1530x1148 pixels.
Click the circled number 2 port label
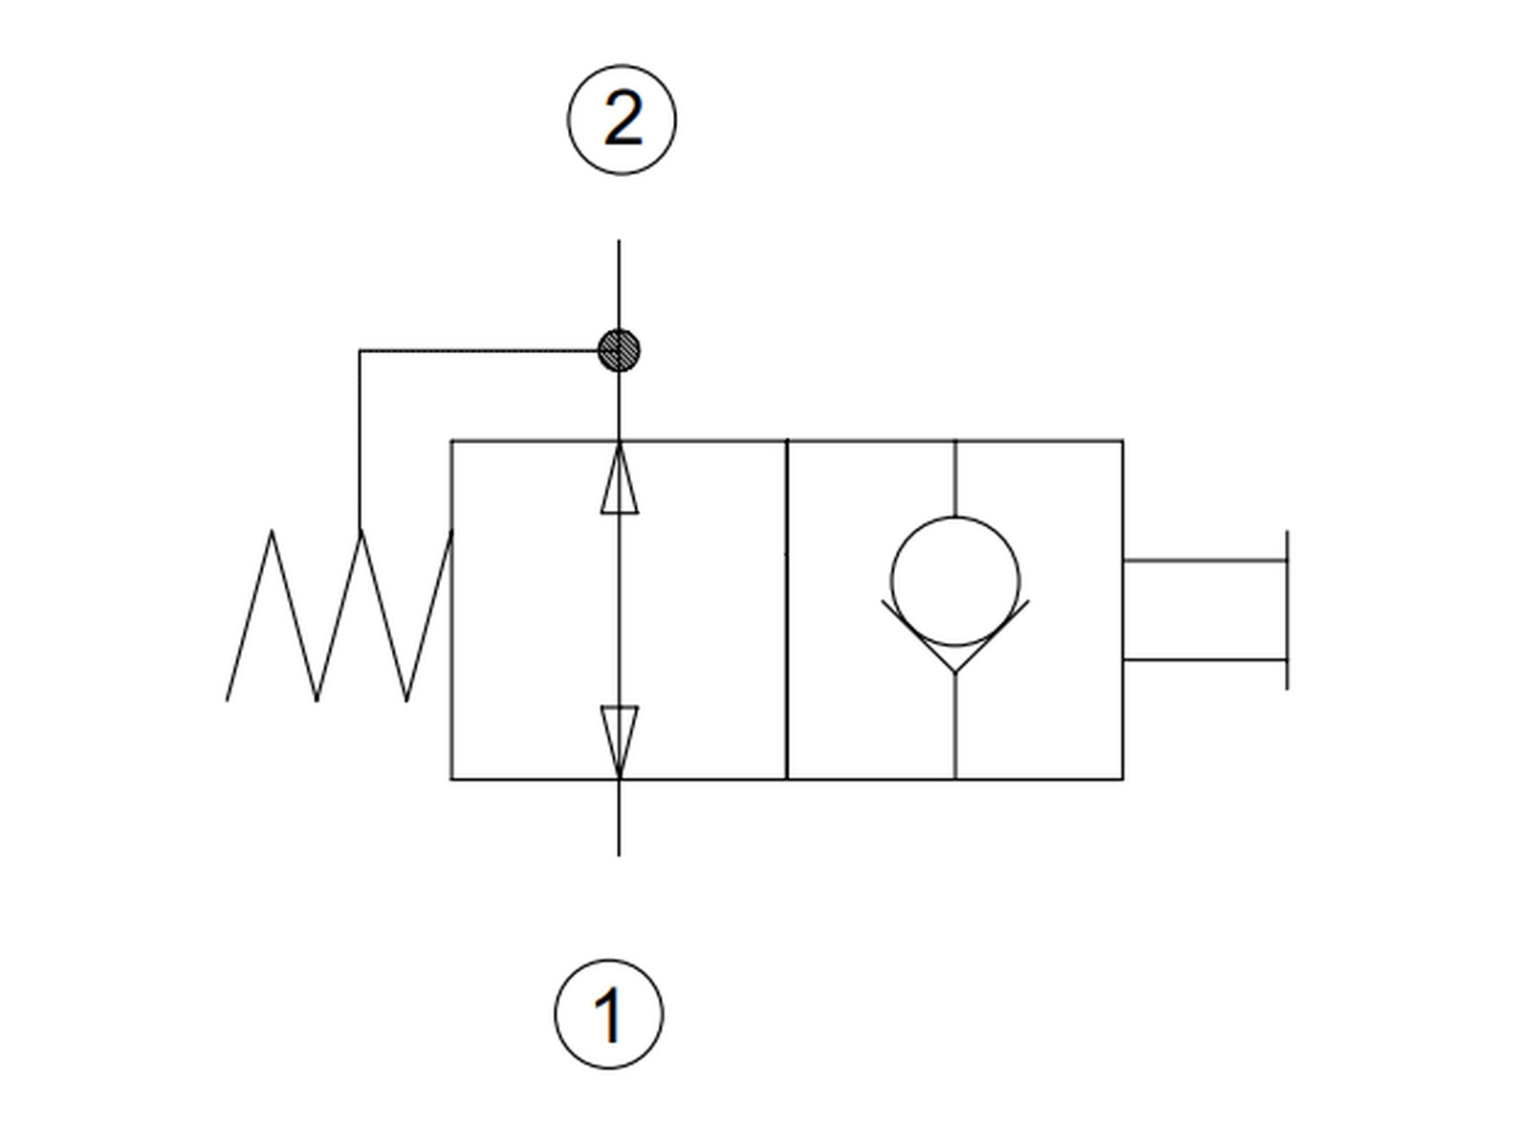[621, 120]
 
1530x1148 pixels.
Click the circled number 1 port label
[609, 1014]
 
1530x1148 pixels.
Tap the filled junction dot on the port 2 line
[619, 350]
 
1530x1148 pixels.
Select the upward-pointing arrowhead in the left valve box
[619, 479]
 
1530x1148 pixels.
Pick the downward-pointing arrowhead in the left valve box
[619, 741]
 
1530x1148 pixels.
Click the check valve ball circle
[955, 582]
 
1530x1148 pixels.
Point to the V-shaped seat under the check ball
[955, 636]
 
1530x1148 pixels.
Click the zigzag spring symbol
[339, 615]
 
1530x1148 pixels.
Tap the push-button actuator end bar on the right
[1287, 610]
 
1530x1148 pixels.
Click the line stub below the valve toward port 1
[619, 818]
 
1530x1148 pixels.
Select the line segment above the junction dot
[619, 285]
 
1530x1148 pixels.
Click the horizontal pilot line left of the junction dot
[479, 350]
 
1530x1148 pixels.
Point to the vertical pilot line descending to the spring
[360, 439]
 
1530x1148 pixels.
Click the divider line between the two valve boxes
[787, 610]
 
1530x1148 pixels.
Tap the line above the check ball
[955, 479]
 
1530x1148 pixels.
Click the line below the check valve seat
[955, 726]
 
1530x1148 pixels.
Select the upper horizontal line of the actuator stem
[1205, 560]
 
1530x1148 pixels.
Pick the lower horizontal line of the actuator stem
[1205, 659]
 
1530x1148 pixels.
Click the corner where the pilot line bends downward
[360, 350]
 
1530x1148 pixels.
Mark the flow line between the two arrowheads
[619, 610]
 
